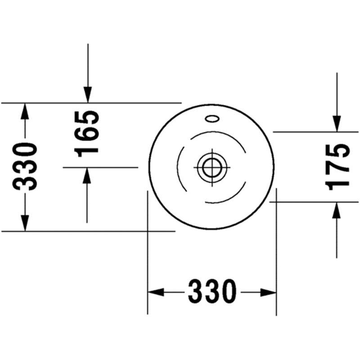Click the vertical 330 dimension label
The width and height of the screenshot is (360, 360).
pyautogui.click(x=25, y=166)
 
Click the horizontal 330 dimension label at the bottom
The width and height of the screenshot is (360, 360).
pyautogui.click(x=212, y=292)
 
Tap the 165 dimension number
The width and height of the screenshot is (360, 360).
pyautogui.click(x=87, y=134)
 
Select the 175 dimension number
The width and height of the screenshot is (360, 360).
pyautogui.click(x=337, y=167)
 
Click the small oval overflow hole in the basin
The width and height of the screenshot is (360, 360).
pyautogui.click(x=212, y=119)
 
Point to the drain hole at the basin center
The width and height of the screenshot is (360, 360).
pyautogui.click(x=211, y=167)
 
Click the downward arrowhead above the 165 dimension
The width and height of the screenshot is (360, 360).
pyautogui.click(x=88, y=94)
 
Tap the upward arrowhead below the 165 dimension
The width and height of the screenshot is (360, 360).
pyautogui.click(x=87, y=175)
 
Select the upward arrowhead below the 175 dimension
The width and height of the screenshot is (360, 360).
pyautogui.click(x=336, y=210)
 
